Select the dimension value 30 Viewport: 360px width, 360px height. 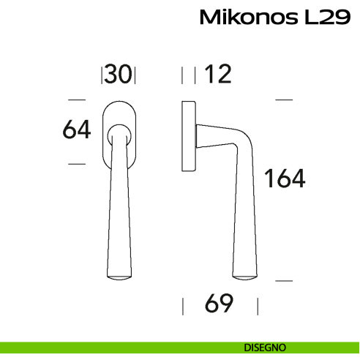tap(119, 75)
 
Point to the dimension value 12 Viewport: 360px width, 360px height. tap(217, 75)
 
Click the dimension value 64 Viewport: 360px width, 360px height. tap(77, 130)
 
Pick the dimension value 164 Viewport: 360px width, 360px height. tap(285, 178)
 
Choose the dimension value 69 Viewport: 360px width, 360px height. tap(219, 304)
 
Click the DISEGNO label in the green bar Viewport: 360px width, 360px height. tap(265, 347)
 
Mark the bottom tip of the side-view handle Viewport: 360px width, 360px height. tap(245, 276)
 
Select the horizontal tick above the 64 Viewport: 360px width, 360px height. tap(77, 99)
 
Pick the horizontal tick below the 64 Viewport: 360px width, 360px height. tap(77, 164)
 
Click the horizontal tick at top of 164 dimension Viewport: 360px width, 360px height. tap(284, 99)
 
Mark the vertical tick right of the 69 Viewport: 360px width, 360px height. tap(257, 304)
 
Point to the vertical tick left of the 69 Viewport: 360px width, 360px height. tap(182, 304)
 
